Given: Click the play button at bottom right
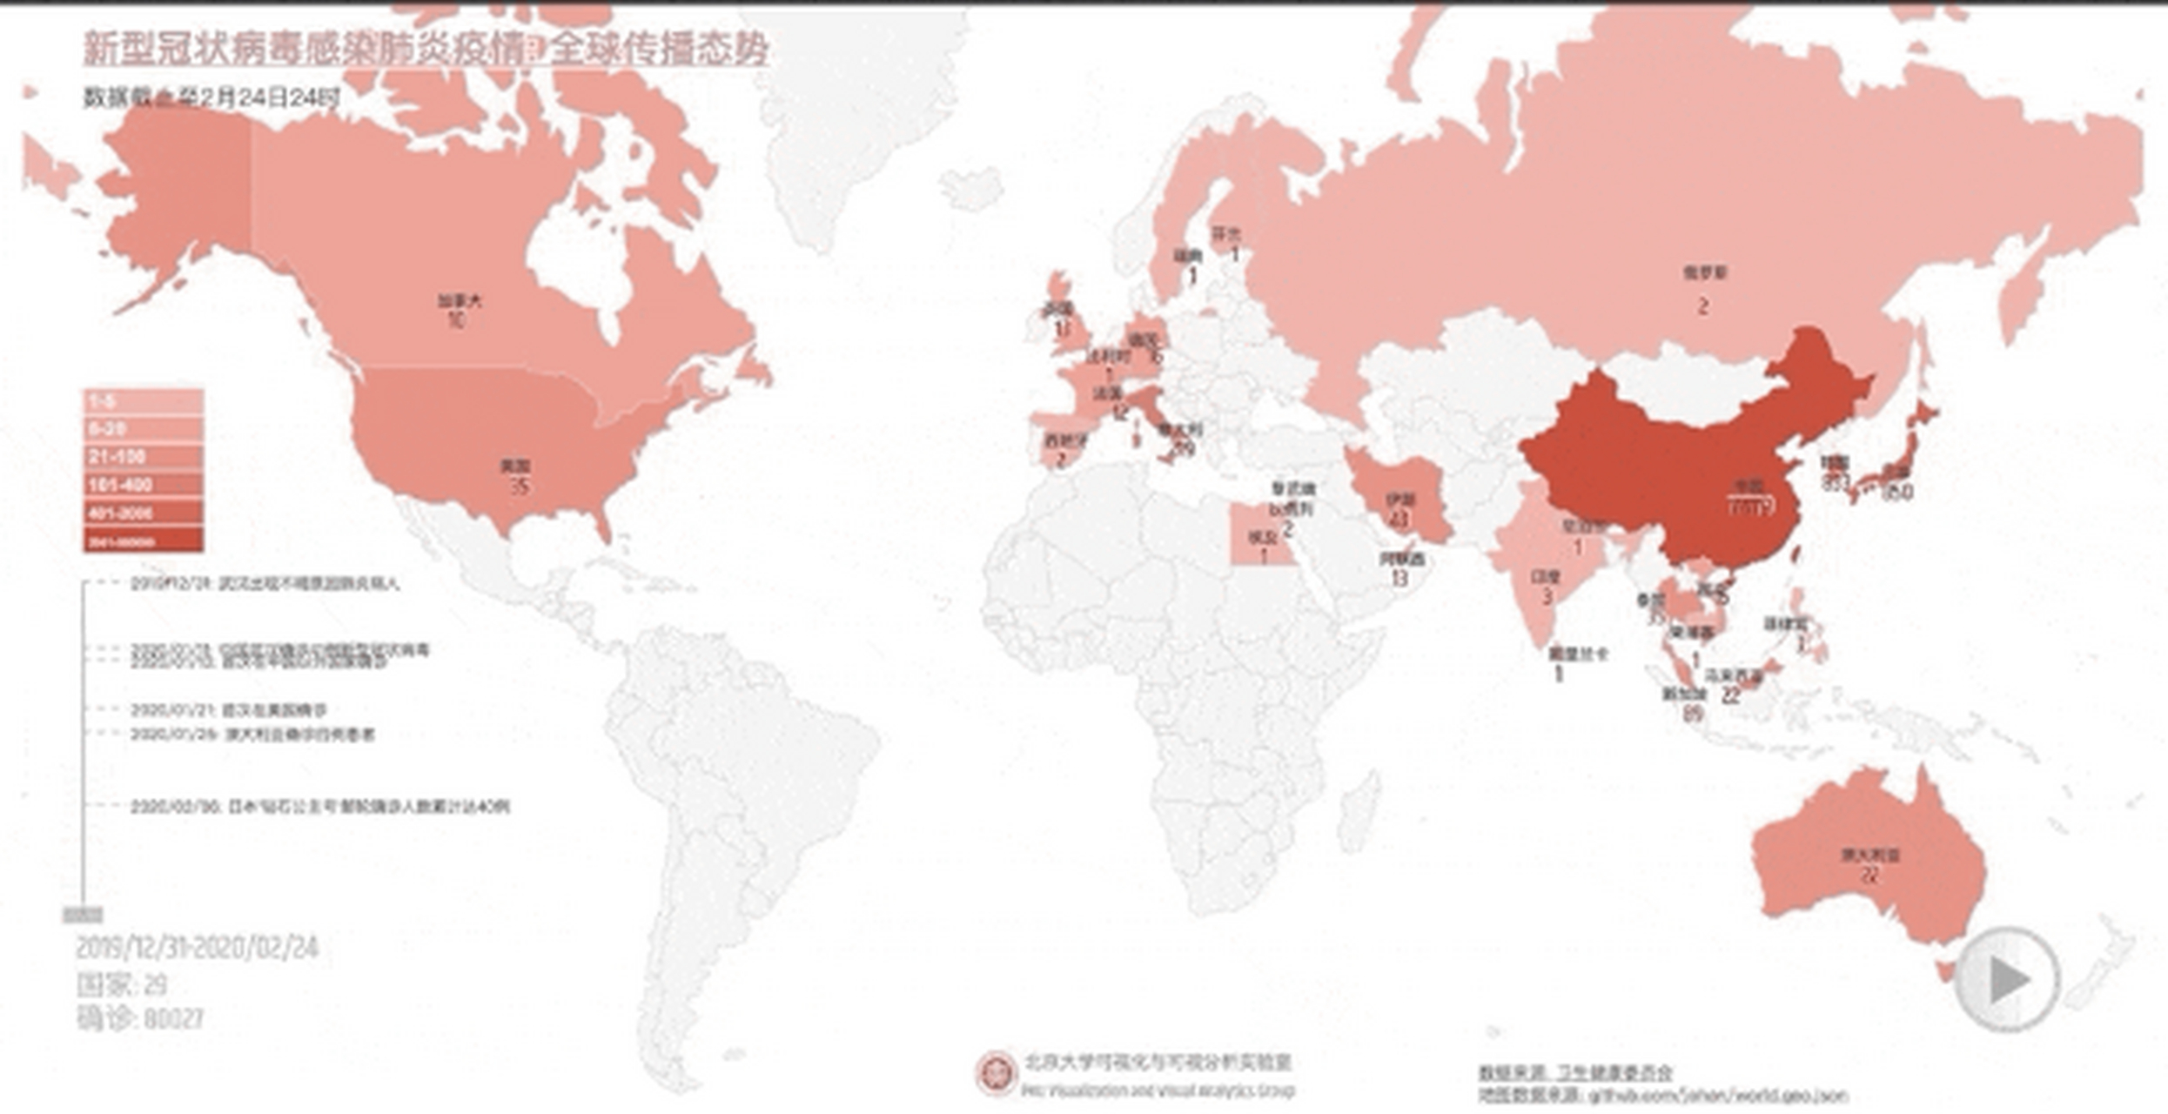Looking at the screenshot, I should (2006, 980).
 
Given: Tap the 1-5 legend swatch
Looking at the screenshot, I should (144, 401).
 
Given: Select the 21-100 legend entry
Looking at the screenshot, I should (144, 457).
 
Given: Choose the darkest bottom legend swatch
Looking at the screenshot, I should (144, 541).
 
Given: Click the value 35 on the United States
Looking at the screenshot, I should (519, 487).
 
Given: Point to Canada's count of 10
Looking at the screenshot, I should (454, 320).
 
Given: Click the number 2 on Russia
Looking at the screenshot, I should (1702, 306).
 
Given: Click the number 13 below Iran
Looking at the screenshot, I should (1399, 577).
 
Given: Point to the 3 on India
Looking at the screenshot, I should (1547, 597).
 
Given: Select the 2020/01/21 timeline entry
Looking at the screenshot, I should (228, 710).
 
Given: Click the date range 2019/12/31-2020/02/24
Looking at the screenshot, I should (198, 948).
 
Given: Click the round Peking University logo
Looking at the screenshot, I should (996, 1071).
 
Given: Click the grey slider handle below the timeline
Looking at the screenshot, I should (83, 915).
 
